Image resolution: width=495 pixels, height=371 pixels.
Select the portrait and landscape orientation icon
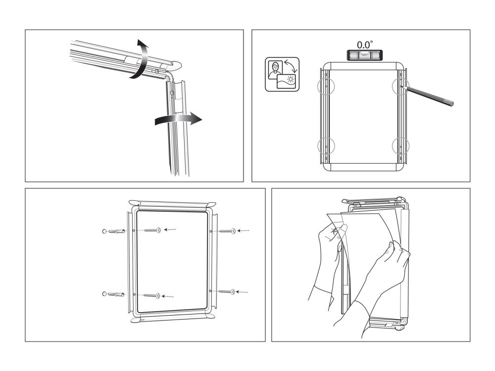pyautogui.click(x=282, y=75)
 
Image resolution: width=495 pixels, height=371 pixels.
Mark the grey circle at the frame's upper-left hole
pyautogui.click(x=325, y=87)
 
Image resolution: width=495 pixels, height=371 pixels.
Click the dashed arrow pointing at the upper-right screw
pyautogui.click(x=244, y=230)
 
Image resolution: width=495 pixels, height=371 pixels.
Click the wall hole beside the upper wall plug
pyautogui.click(x=103, y=231)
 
